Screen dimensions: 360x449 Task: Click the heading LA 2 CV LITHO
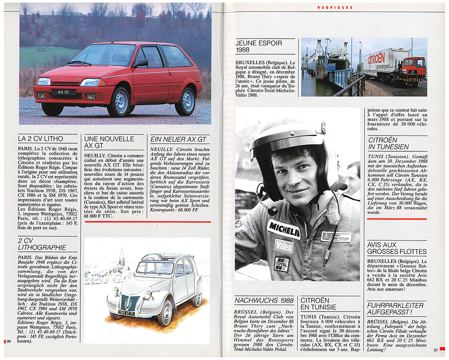(x=40, y=139)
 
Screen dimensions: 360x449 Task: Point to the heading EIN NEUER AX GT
(x=178, y=139)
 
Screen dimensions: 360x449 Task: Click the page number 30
(x=9, y=342)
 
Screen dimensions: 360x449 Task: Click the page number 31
(x=436, y=350)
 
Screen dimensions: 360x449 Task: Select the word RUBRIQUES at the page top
(x=335, y=8)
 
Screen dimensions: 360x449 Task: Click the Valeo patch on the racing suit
(x=284, y=246)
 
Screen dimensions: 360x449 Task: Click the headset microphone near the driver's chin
(x=272, y=210)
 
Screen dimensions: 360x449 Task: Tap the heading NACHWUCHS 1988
(x=264, y=300)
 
